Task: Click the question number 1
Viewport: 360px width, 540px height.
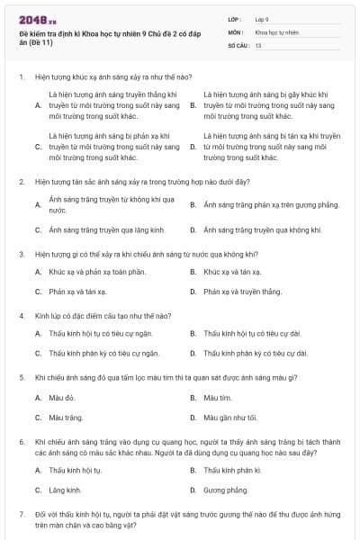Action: point(21,77)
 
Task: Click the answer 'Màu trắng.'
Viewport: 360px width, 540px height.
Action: point(66,418)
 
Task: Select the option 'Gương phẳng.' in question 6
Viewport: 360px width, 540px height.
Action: point(225,490)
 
